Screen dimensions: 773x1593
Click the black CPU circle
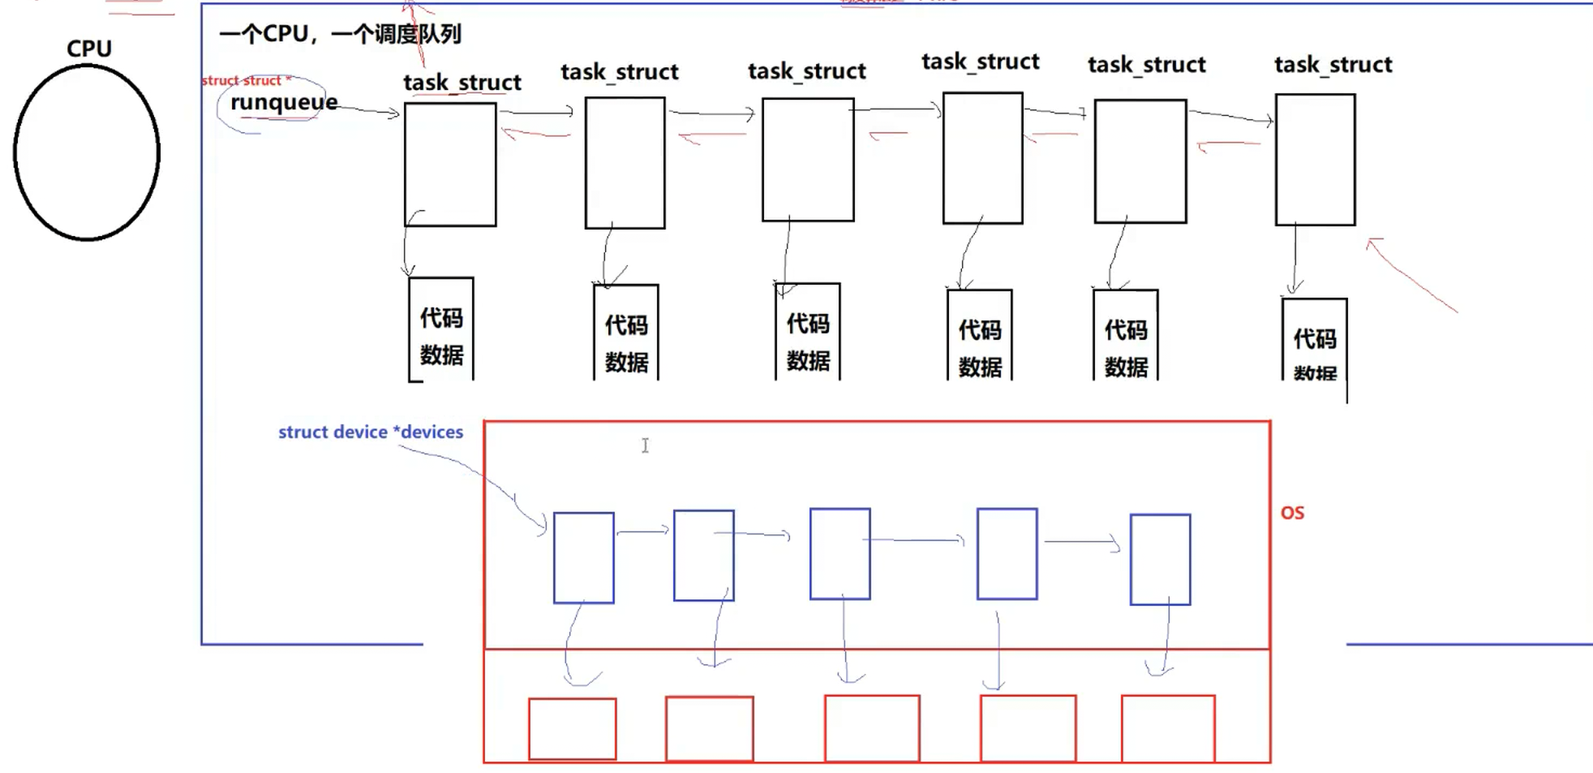pyautogui.click(x=87, y=152)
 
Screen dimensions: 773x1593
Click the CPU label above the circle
pyautogui.click(x=89, y=49)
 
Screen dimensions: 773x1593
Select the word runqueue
pyautogui.click(x=284, y=102)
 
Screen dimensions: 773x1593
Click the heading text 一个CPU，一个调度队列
pyautogui.click(x=340, y=34)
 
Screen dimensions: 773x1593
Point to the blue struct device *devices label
pyautogui.click(x=371, y=432)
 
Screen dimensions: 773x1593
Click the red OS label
pyautogui.click(x=1292, y=513)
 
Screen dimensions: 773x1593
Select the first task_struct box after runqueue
pyautogui.click(x=450, y=164)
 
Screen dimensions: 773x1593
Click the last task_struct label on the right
pyautogui.click(x=1333, y=65)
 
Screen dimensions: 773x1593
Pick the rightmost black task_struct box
pyautogui.click(x=1315, y=160)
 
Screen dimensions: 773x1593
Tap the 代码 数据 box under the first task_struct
pyautogui.click(x=441, y=329)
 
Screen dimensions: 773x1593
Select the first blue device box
pyautogui.click(x=584, y=558)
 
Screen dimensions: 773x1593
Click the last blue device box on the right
pyautogui.click(x=1161, y=560)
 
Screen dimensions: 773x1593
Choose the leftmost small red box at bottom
pyautogui.click(x=573, y=729)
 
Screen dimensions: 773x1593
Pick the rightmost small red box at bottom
pyautogui.click(x=1168, y=728)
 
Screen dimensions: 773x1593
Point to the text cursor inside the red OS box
pyautogui.click(x=646, y=445)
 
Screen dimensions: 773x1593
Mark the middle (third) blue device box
pyautogui.click(x=840, y=554)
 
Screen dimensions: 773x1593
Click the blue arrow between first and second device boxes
pyautogui.click(x=643, y=531)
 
